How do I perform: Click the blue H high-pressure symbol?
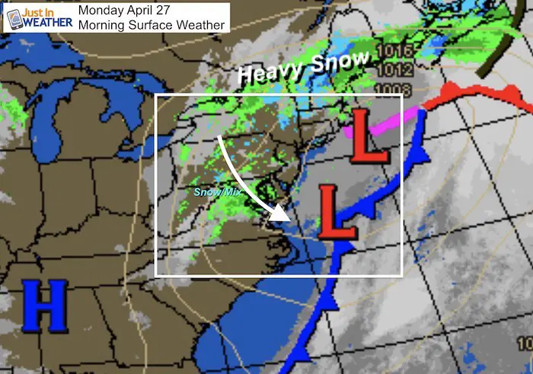click(x=44, y=305)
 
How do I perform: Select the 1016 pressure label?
click(x=398, y=52)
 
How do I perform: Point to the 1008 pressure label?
click(x=398, y=90)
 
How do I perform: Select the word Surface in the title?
click(x=149, y=25)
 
